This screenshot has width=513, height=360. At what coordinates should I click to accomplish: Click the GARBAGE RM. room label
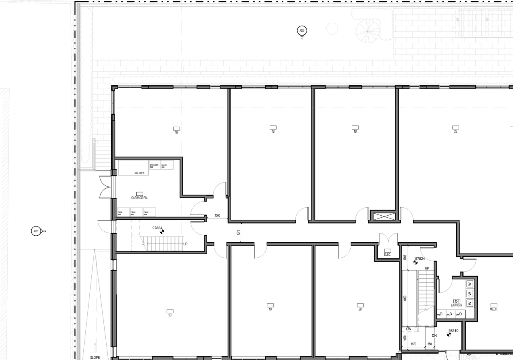click(x=139, y=198)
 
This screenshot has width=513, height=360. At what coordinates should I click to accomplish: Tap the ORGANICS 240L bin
click(x=155, y=165)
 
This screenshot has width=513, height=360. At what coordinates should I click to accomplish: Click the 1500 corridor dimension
click(x=217, y=216)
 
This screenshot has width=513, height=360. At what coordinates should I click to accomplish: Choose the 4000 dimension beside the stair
click(x=405, y=299)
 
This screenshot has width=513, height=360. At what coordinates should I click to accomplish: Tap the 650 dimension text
click(x=430, y=344)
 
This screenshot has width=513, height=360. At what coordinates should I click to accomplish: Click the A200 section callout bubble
click(x=302, y=30)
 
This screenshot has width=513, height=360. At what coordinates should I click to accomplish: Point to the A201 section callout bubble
click(x=36, y=231)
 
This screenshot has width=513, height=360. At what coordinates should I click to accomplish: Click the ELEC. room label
click(x=387, y=255)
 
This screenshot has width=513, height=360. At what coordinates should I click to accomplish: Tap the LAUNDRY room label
click(x=456, y=305)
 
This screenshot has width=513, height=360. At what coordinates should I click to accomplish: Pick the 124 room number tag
click(x=456, y=301)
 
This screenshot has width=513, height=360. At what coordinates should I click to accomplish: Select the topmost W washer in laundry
click(x=470, y=283)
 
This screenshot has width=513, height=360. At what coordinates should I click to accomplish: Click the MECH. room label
click(x=494, y=309)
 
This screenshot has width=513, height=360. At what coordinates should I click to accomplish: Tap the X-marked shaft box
click(x=384, y=216)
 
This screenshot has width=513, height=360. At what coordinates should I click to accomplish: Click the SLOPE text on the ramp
click(x=95, y=357)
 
